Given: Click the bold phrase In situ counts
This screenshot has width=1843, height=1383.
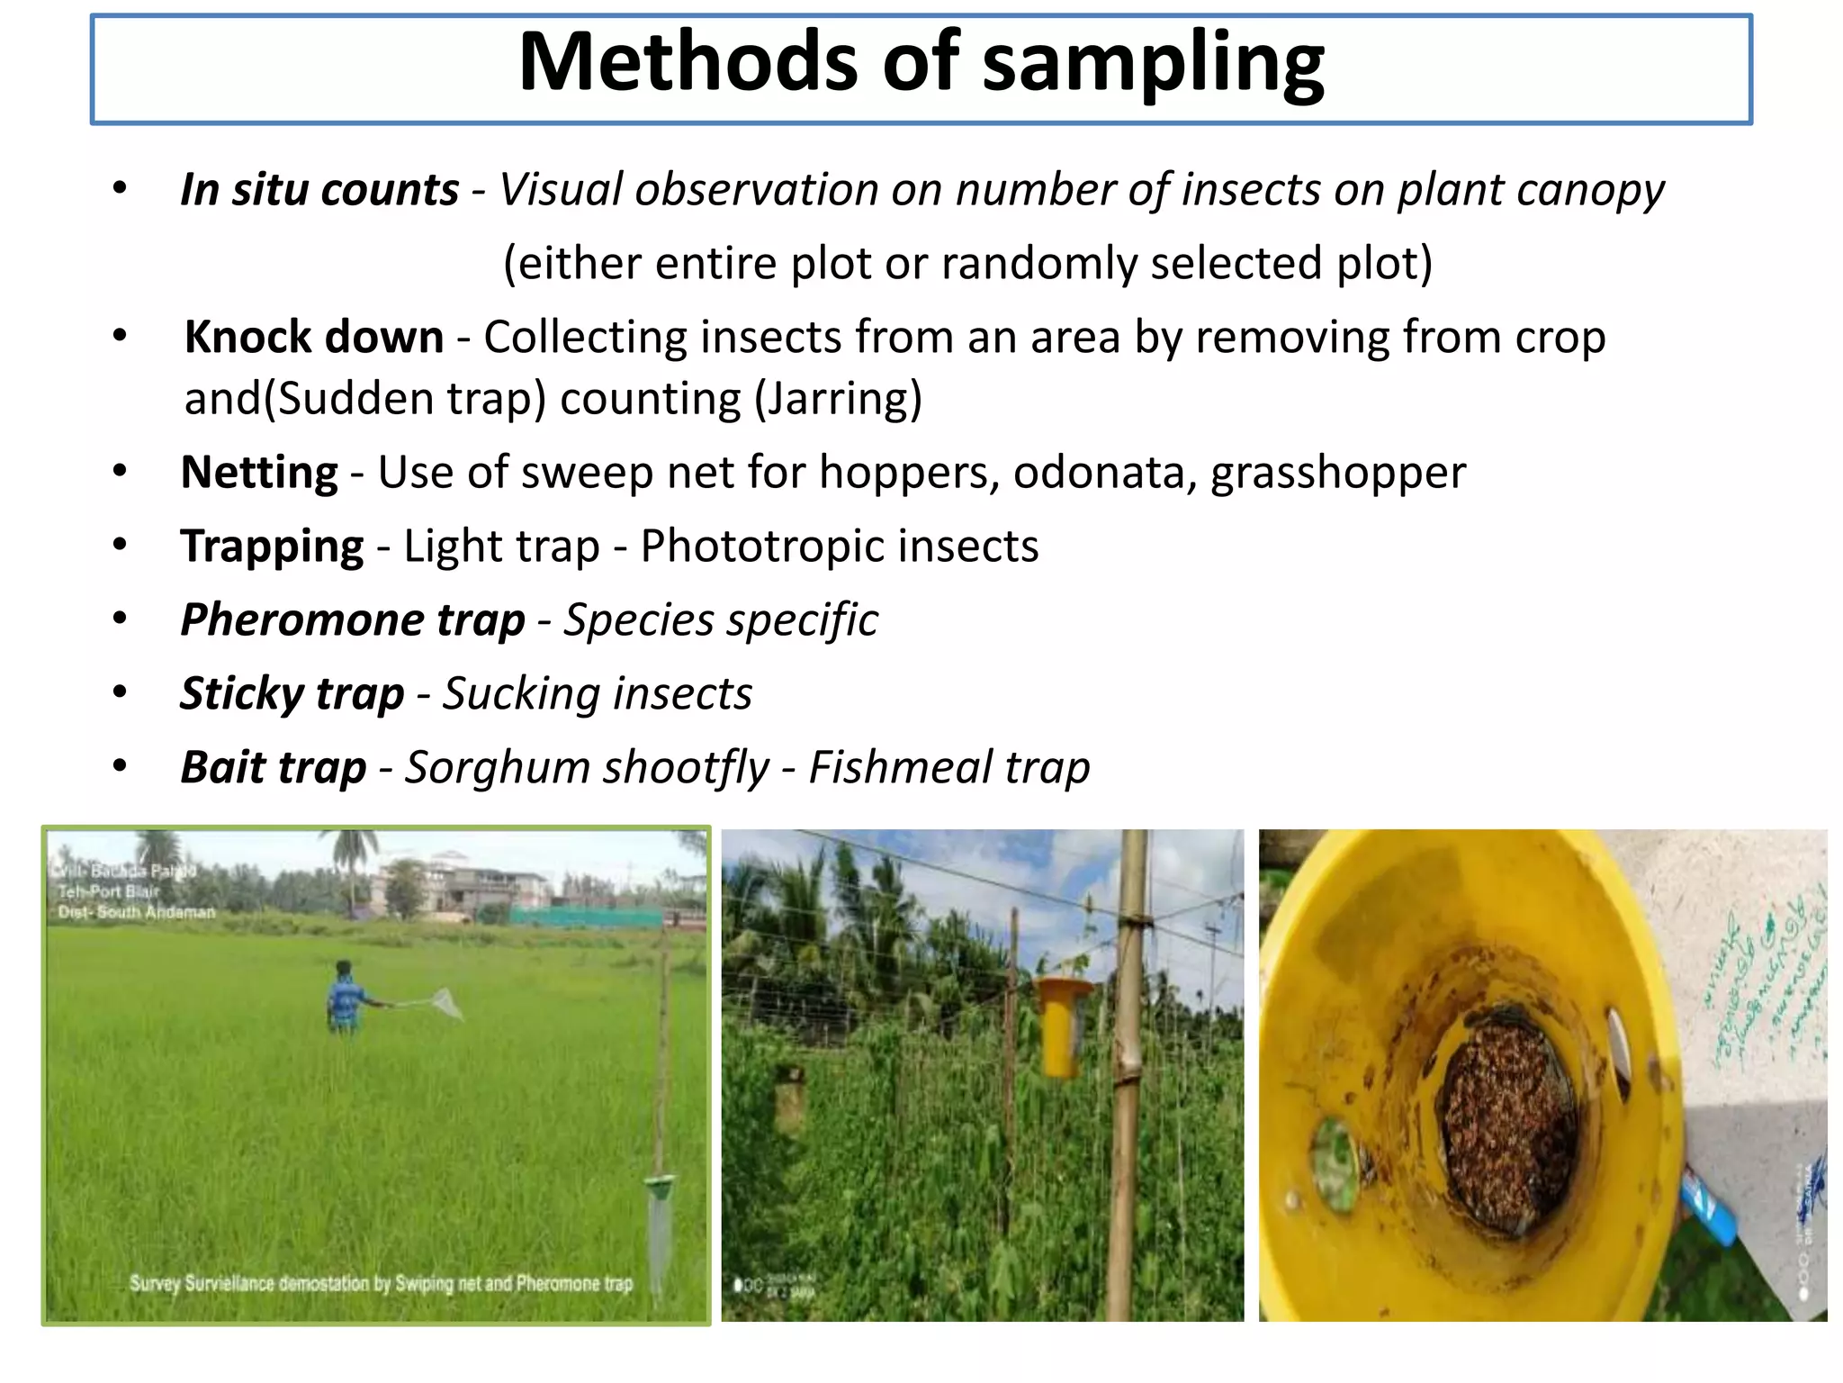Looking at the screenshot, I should click(319, 190).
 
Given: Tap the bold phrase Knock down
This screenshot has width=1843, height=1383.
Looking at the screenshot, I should click(314, 338).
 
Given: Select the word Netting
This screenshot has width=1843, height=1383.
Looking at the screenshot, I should click(259, 473).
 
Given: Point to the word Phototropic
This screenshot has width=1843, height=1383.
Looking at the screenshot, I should click(839, 547).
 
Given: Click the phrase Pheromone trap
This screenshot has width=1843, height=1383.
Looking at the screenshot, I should click(352, 620).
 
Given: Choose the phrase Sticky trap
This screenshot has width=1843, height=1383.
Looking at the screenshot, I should click(292, 694).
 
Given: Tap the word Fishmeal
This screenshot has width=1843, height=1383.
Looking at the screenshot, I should click(899, 768).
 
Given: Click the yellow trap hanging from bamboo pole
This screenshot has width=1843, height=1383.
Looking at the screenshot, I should click(1061, 1026).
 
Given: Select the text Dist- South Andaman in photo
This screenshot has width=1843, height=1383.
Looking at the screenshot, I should click(137, 912).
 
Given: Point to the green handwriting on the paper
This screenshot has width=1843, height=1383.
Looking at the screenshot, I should click(1764, 990).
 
